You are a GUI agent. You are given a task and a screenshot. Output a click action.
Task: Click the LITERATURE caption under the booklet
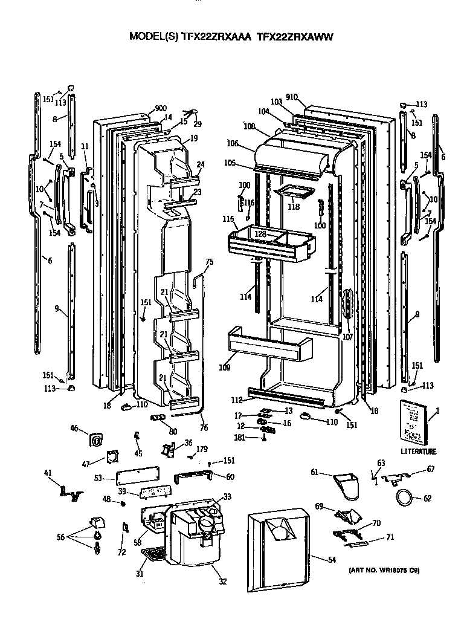coord(417,451)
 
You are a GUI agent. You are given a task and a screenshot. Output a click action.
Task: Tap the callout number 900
coord(161,109)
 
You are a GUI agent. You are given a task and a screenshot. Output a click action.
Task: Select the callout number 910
coord(292,97)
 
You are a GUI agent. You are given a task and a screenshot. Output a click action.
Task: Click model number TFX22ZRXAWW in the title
coord(295,36)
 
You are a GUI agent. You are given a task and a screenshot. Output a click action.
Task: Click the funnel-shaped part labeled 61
coord(346,486)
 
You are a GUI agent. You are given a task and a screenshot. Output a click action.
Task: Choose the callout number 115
coord(227,218)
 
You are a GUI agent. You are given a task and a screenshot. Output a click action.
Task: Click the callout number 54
coord(331,560)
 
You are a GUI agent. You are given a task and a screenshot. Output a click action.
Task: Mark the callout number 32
coord(222,582)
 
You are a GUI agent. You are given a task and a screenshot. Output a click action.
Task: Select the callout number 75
coord(210,262)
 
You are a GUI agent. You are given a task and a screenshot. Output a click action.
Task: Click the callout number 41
coord(48,473)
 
